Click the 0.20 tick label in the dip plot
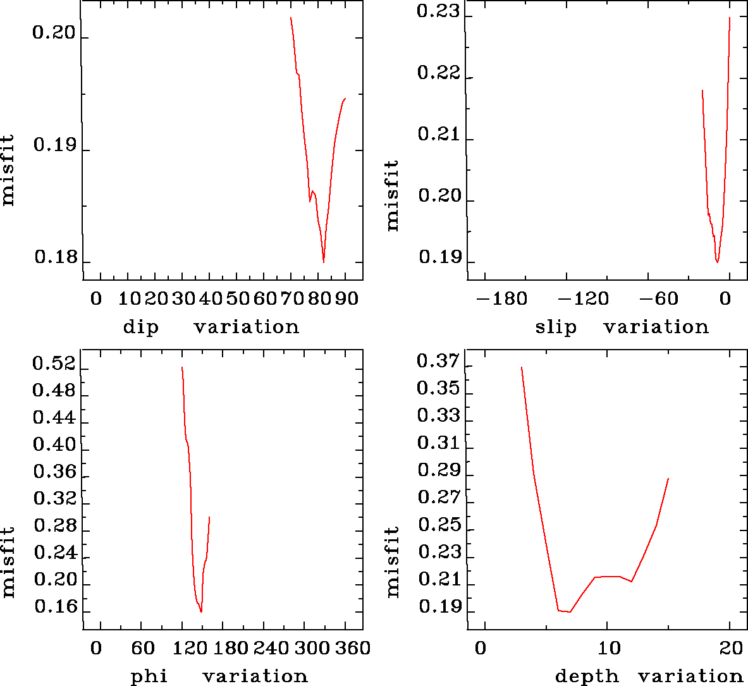coord(54,33)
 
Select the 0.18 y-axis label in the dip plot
coord(55,257)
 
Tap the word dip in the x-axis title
coord(141,328)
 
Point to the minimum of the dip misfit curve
coord(323,261)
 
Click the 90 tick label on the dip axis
coord(346,298)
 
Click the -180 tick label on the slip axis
coord(501,298)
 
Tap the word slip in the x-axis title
coord(556,328)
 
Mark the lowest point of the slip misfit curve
coord(717,262)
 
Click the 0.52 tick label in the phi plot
coord(54,364)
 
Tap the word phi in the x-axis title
coord(149,677)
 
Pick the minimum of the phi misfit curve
coord(201,612)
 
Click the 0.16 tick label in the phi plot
coord(55,607)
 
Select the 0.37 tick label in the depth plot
coord(438,362)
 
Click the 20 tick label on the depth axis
coord(731,648)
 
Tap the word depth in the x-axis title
coord(587,677)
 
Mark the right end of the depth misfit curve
coord(668,479)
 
